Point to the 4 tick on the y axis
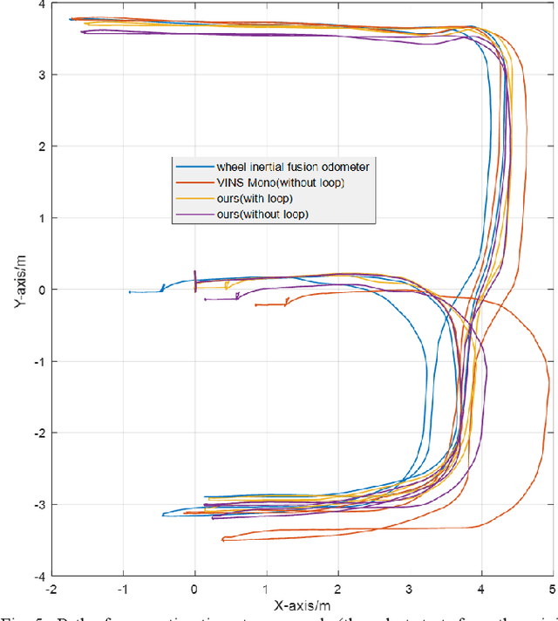[41, 4]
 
